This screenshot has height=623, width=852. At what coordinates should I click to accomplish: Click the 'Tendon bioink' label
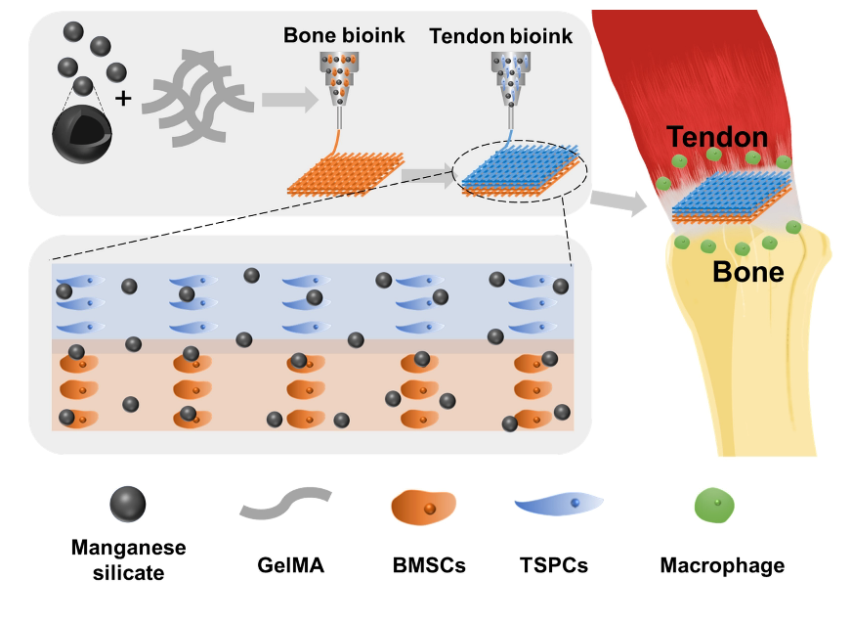(501, 36)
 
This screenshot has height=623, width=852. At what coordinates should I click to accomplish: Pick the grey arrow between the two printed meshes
(426, 175)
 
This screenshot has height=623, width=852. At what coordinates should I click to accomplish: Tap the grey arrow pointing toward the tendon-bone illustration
(624, 203)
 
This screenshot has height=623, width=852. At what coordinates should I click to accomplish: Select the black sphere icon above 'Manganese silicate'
(127, 504)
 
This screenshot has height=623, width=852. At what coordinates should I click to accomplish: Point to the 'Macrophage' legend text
(722, 565)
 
